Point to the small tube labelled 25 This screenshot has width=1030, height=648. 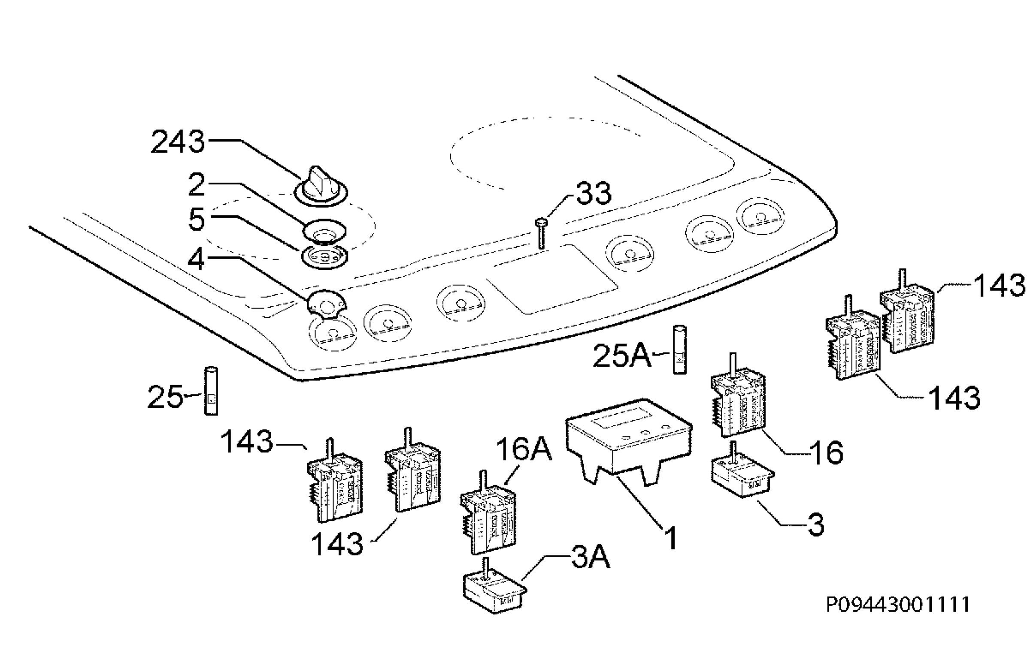point(211,390)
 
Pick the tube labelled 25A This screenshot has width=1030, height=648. point(679,350)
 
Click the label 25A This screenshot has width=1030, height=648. point(622,356)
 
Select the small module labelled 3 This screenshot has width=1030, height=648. point(743,471)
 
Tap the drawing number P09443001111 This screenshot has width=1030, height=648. point(898,605)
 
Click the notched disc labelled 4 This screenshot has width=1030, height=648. point(327,305)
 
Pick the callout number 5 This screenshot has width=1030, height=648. point(197,220)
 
